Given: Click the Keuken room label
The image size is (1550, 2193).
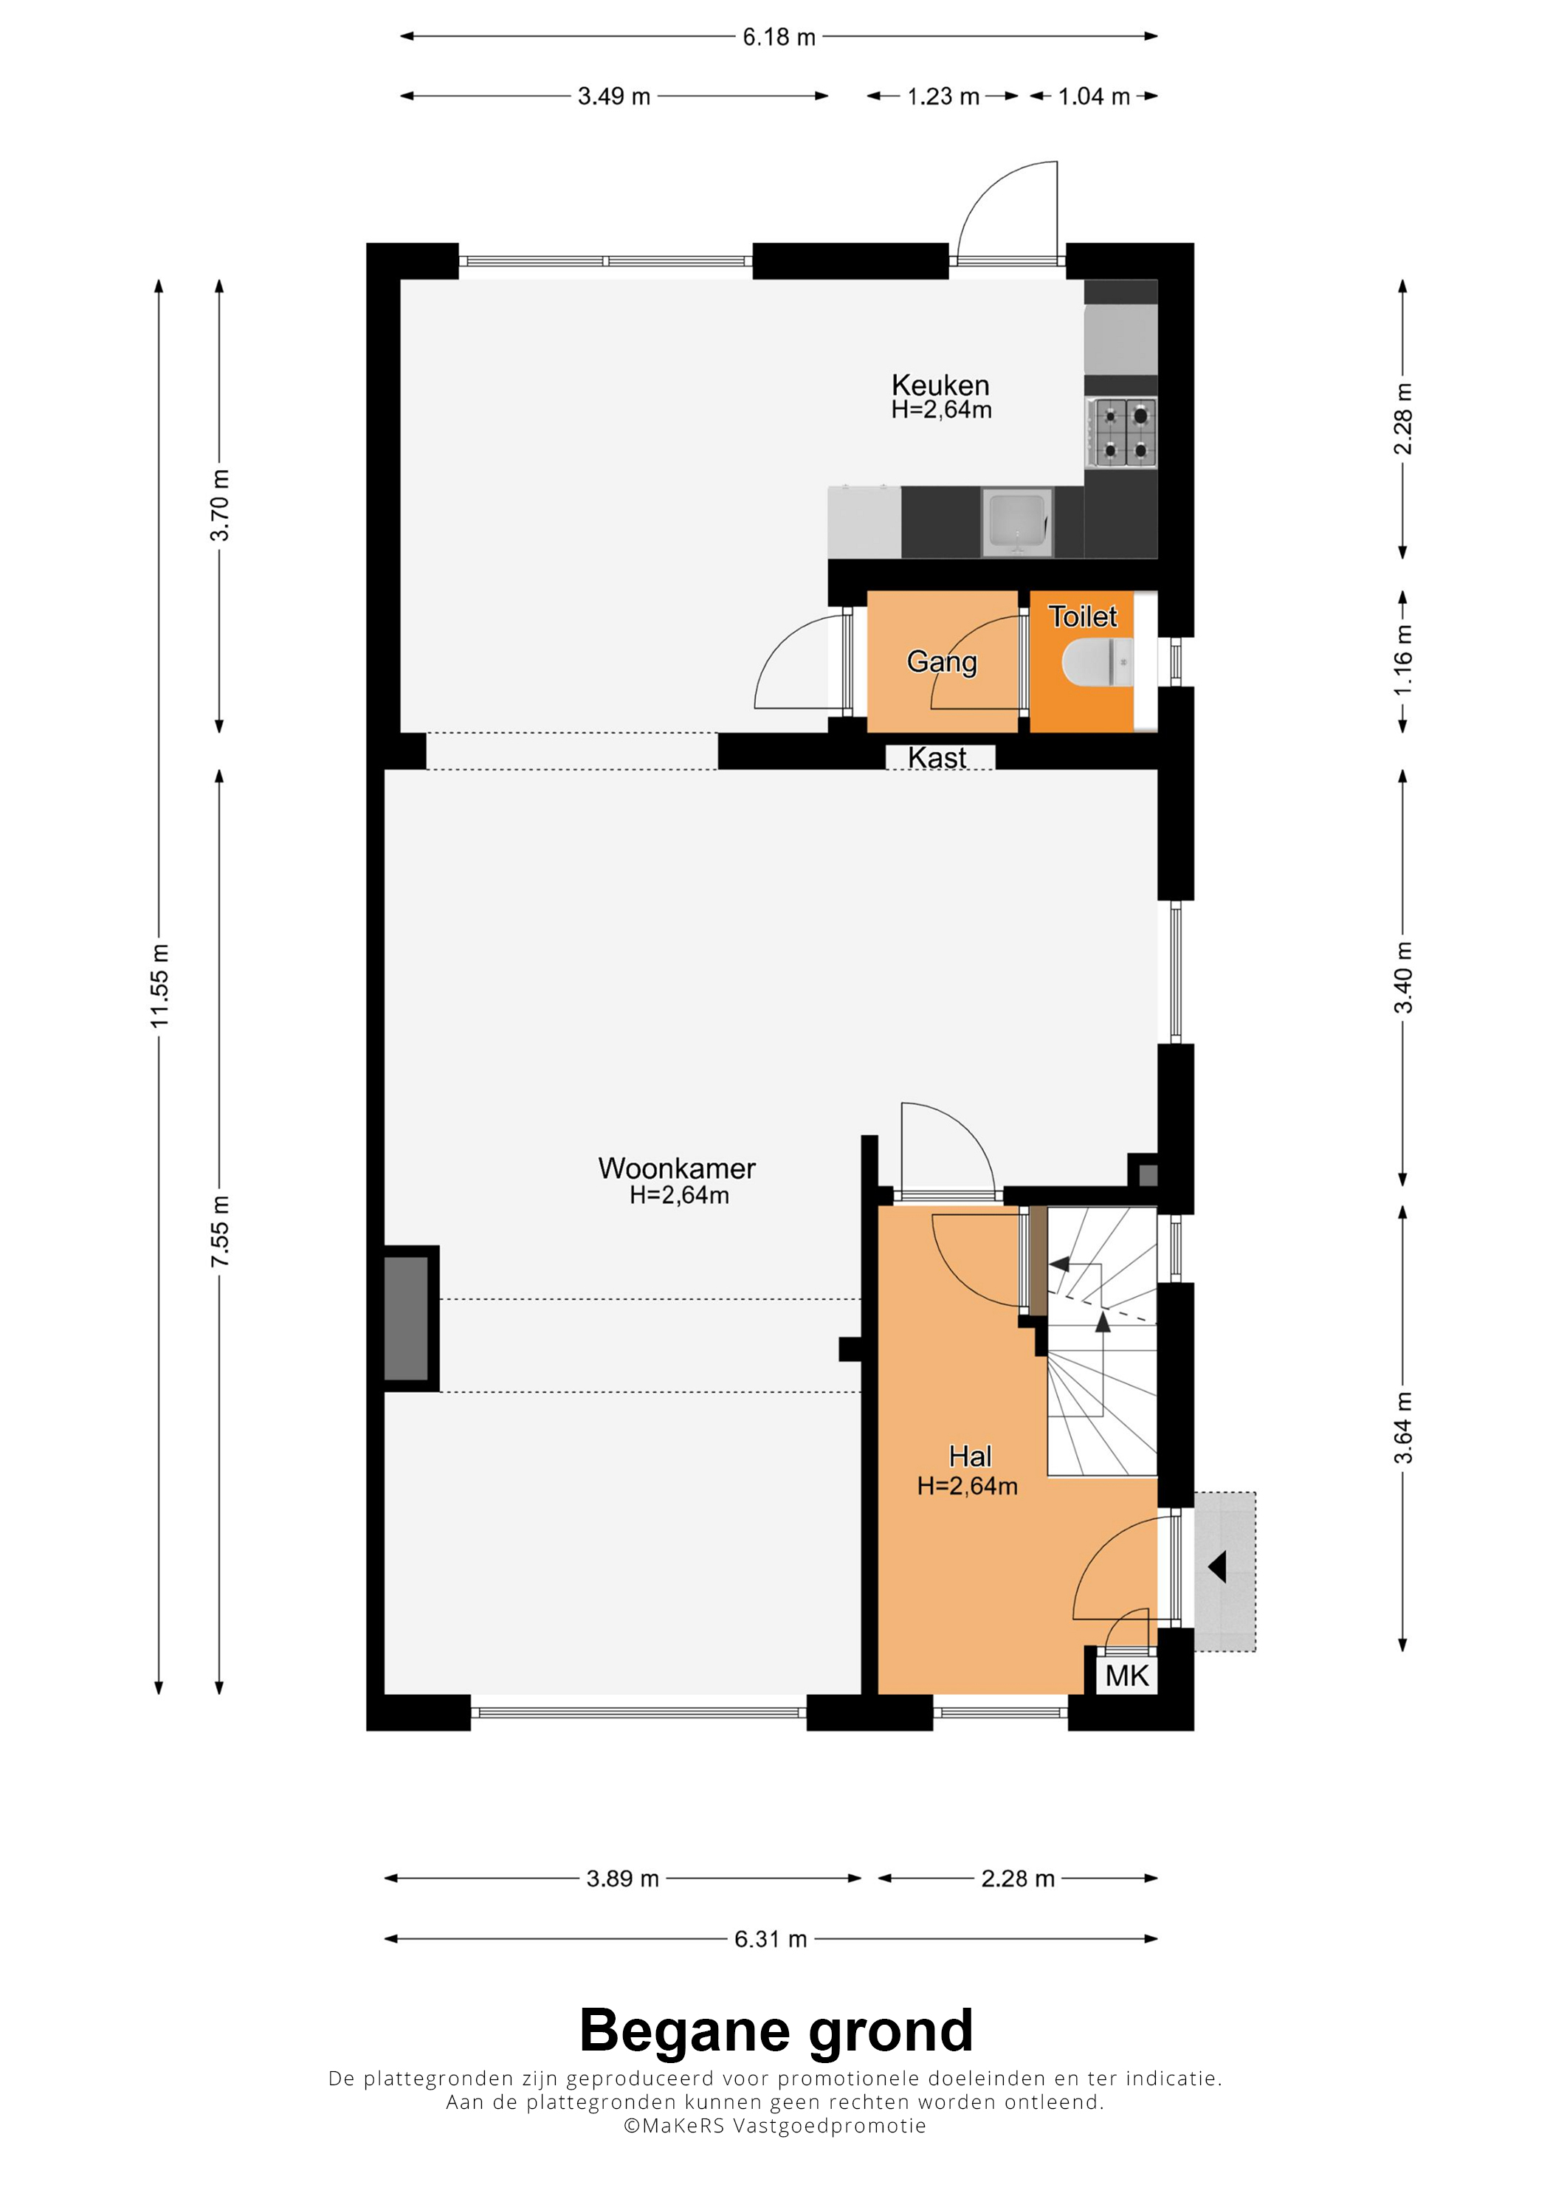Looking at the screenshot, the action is coord(940,385).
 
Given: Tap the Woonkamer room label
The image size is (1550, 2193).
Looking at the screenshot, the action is coord(677,1168).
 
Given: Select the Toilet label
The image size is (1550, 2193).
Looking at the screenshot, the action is coord(1083,616).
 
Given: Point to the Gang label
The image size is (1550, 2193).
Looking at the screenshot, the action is coord(942,662).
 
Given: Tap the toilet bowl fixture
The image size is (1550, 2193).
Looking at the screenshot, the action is coord(1098,662).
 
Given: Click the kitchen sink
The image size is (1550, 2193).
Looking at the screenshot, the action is coord(1018,522).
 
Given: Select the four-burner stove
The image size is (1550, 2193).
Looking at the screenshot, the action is coord(1122,433).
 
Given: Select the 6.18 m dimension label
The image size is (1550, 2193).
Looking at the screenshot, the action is coord(779,37).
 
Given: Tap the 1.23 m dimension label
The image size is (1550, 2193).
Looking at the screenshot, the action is coord(943,97).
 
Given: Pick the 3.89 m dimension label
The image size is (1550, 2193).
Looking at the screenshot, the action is coord(623,1879).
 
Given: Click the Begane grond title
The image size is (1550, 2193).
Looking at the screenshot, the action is coord(776,2031).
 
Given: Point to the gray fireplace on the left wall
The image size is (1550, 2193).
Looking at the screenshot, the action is coord(406,1318).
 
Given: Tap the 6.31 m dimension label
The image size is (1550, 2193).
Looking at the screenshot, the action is coord(771,1939).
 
